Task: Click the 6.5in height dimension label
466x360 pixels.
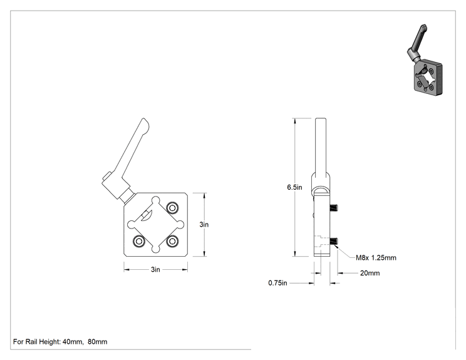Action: (294, 187)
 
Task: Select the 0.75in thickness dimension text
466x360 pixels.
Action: (277, 283)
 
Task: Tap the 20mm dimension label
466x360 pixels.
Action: (370, 273)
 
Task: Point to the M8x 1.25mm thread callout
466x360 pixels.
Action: (376, 257)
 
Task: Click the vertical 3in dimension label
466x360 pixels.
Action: (204, 225)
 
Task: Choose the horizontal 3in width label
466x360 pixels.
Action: (155, 269)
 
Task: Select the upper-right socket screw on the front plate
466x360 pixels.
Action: (172, 208)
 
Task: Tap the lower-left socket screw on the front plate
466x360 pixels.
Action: (138, 241)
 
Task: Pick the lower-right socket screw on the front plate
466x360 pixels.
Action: (172, 241)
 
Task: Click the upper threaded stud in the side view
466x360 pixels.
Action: (334, 208)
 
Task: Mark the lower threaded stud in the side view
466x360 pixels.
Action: (334, 241)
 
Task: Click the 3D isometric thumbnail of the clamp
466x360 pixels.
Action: (424, 60)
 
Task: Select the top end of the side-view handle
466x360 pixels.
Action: (321, 118)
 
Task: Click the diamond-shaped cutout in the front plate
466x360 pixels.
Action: (155, 225)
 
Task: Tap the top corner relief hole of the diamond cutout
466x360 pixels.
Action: (155, 200)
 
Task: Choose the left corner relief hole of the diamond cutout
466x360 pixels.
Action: (132, 225)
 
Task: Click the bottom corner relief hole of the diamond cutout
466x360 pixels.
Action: (155, 249)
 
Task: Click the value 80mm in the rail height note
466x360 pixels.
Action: (98, 342)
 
